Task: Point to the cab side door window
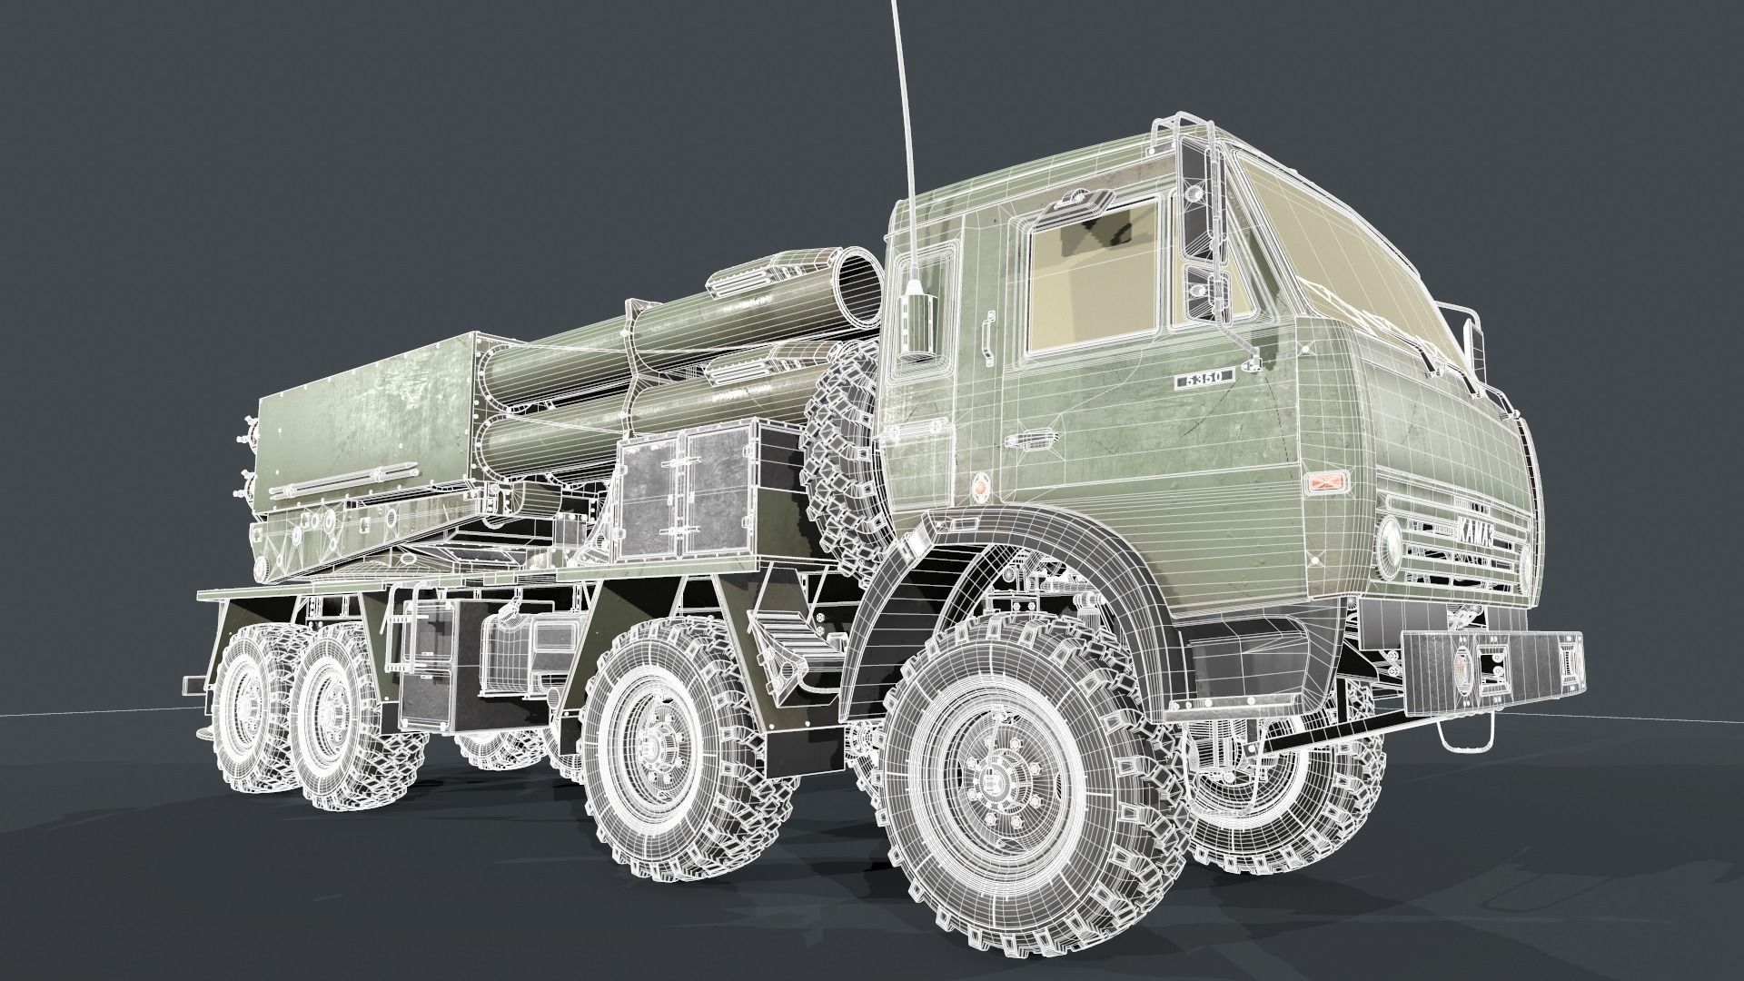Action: (x=1095, y=277)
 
